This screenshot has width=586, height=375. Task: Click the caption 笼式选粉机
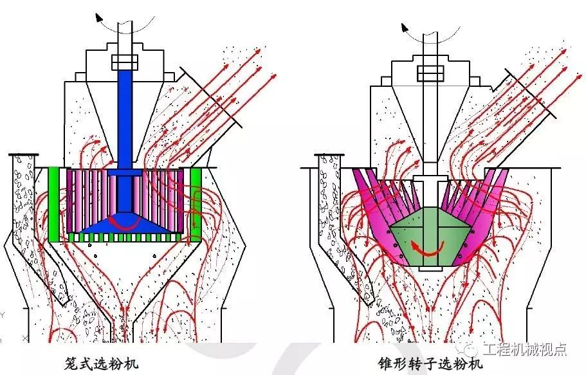coord(101,361)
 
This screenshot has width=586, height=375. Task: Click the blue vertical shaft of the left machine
coord(124,116)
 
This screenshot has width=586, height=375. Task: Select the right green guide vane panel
coord(195,204)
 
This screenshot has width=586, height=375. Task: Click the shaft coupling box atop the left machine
coord(124,62)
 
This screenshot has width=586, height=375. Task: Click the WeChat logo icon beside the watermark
coord(472,349)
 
